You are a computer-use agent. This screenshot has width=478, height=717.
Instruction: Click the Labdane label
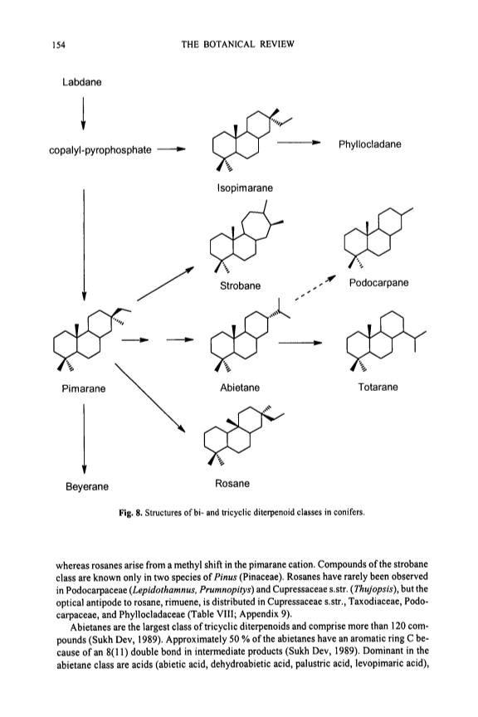coord(82,82)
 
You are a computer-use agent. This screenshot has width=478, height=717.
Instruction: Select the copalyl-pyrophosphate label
coord(100,150)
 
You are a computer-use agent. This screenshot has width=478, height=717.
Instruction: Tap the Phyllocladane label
coord(369,144)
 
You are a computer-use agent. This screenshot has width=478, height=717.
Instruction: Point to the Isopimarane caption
coord(245,188)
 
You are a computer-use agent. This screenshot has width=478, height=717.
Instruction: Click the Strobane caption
coord(240,285)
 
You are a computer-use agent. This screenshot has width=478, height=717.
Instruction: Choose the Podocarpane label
coord(378,283)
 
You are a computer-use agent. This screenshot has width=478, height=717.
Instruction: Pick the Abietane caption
coord(240,388)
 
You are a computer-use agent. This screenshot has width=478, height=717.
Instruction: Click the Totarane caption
coord(378,388)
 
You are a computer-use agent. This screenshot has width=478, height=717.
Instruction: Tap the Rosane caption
coord(232,483)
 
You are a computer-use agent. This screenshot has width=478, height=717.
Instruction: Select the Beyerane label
coord(87,486)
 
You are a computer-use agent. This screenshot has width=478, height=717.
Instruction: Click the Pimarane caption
coord(84,388)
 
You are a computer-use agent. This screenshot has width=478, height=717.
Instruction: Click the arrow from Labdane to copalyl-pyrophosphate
coord(83,113)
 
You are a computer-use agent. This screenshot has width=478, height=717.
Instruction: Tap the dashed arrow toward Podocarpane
coord(315,288)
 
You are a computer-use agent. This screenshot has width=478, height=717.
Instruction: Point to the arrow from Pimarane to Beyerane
coord(84,439)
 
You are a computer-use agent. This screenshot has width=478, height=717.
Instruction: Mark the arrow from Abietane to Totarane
coord(300,343)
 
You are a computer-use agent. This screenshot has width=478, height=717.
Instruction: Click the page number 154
coord(59,45)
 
